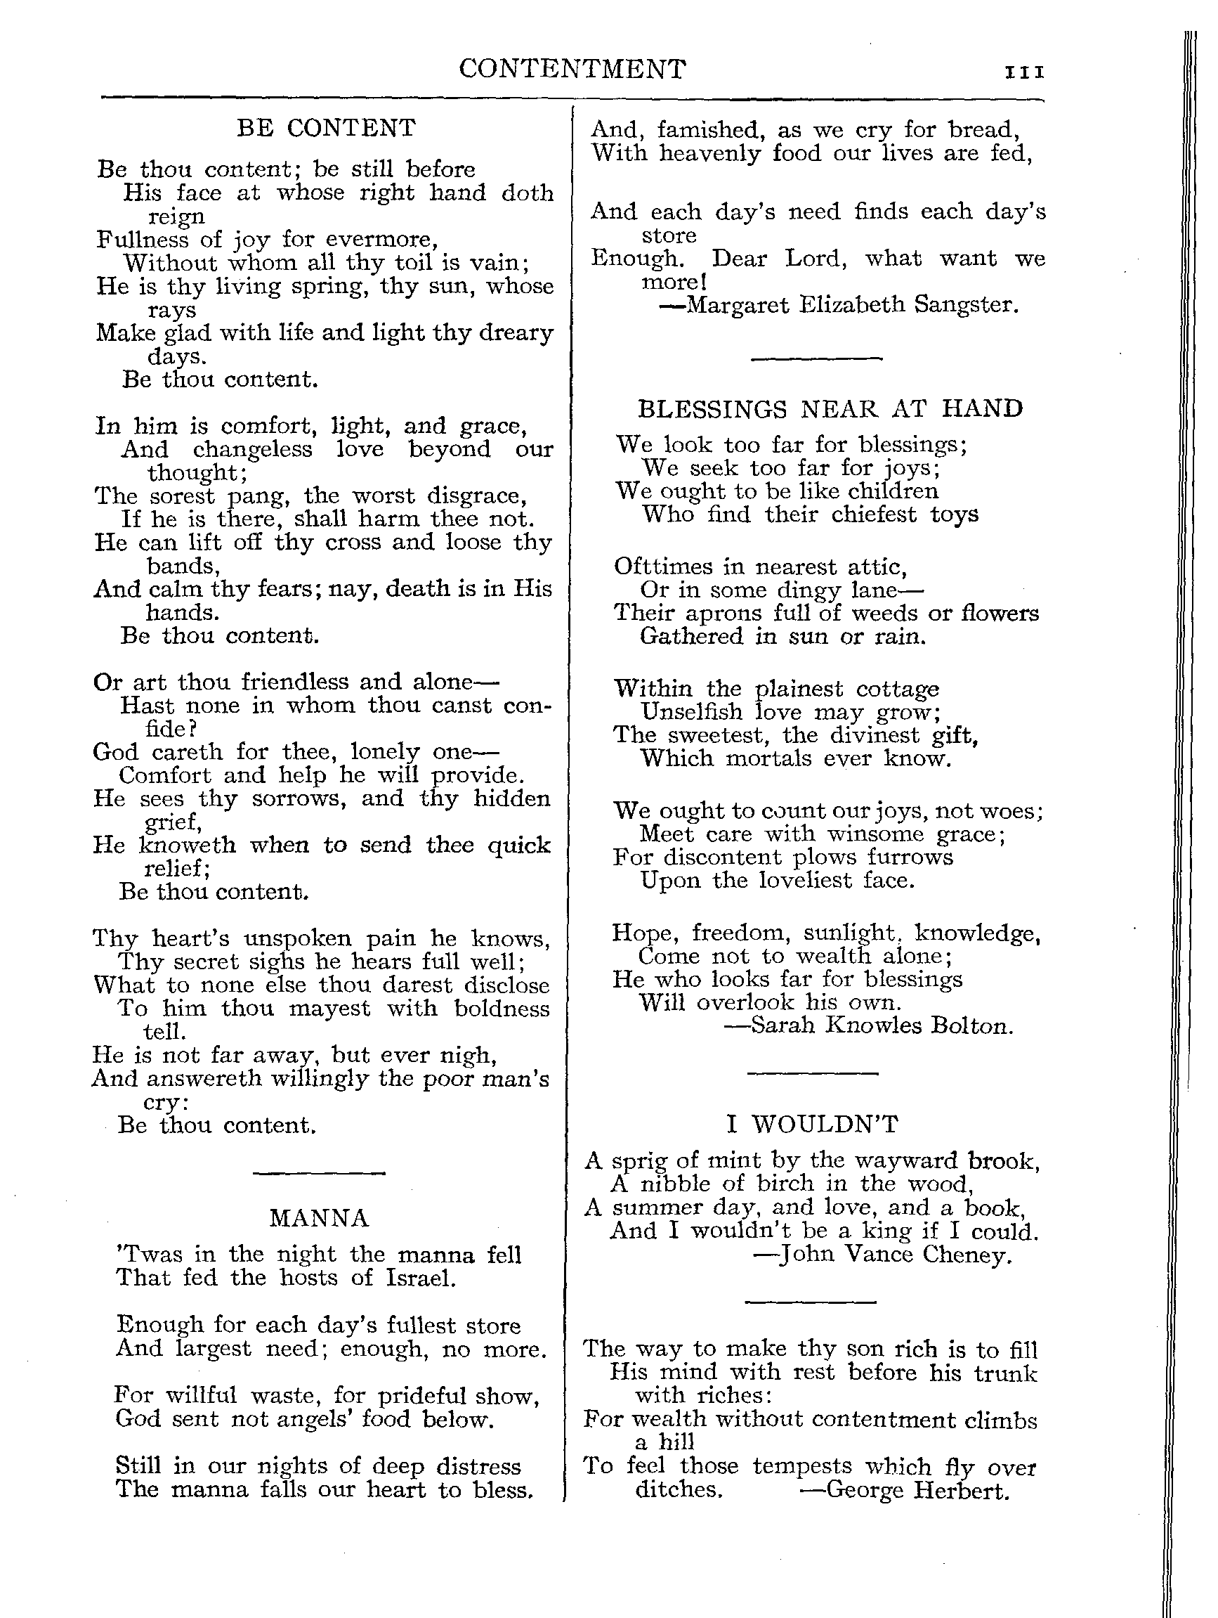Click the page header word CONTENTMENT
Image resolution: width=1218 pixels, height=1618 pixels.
tap(572, 70)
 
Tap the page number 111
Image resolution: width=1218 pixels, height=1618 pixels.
tap(1025, 72)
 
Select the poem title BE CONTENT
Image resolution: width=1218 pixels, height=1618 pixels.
tap(326, 128)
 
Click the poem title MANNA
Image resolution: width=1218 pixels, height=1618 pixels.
tap(319, 1218)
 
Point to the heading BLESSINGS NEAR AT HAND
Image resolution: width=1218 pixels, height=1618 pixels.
tap(830, 408)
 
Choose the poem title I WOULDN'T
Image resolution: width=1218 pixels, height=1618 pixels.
tap(811, 1123)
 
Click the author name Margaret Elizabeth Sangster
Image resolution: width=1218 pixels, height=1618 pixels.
tap(853, 304)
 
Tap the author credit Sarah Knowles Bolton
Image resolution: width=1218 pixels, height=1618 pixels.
tap(882, 1025)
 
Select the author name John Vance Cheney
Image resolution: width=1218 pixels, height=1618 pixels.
tap(894, 1255)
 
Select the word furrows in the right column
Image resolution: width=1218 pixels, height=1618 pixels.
tap(915, 857)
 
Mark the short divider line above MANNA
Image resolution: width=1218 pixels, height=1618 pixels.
tap(319, 1174)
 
